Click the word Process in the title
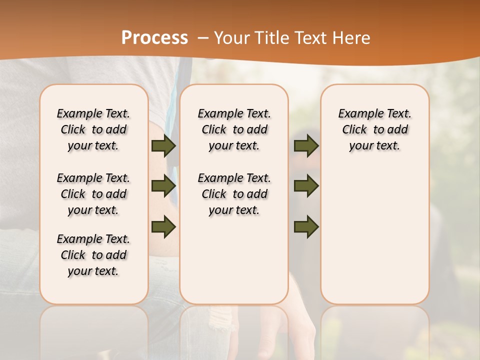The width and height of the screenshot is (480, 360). coord(154,38)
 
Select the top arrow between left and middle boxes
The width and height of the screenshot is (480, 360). coord(163,146)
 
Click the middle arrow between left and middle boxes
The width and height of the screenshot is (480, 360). coord(163,186)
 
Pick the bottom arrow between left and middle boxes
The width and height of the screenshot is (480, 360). coord(163,226)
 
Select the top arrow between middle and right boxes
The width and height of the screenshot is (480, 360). coord(306,146)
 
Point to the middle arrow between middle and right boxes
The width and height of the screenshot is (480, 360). coord(306,186)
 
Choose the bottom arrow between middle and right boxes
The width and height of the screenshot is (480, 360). coord(306,226)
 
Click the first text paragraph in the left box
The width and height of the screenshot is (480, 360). coord(93,129)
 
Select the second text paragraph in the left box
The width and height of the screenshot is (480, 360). coord(93,194)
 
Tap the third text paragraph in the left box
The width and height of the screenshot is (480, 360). coord(93,255)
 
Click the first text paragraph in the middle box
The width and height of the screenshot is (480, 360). coord(234,129)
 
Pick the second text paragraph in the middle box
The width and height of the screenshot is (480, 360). coord(234,194)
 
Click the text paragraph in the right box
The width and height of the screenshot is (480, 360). coord(375,129)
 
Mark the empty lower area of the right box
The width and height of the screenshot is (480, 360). coord(375,230)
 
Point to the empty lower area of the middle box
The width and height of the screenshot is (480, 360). coord(234,260)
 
